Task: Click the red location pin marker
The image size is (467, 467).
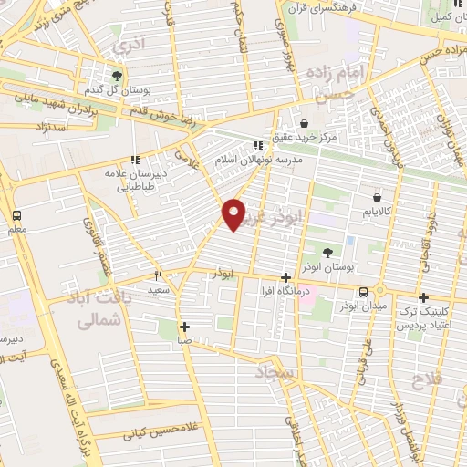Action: [234, 213]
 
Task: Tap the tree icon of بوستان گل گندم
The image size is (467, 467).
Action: [117, 77]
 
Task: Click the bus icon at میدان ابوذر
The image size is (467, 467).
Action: [364, 292]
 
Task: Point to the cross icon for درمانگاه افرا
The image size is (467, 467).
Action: [286, 277]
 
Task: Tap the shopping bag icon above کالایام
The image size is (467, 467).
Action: [377, 196]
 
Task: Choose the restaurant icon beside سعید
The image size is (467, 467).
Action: [159, 275]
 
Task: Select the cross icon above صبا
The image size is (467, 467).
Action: [184, 327]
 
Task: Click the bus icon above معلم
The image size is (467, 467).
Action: [17, 215]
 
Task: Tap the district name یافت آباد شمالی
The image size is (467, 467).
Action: [97, 310]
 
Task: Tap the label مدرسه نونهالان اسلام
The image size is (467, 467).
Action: [259, 158]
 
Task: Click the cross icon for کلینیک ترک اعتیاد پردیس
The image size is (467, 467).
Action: [424, 297]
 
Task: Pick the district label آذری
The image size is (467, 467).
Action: [125, 43]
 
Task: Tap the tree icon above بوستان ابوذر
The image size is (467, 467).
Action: [327, 252]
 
